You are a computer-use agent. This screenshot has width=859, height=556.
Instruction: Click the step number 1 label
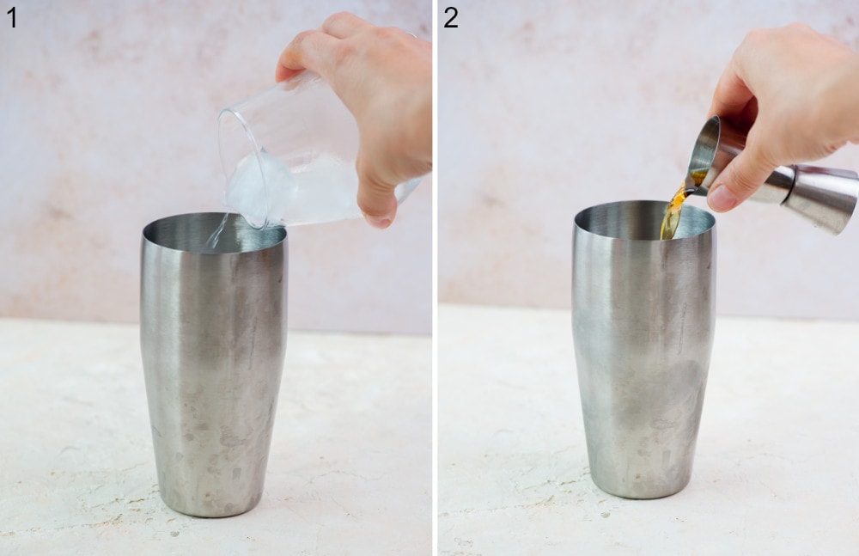pyautogui.click(x=11, y=16)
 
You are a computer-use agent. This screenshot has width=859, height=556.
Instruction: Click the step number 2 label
pyautogui.click(x=451, y=16)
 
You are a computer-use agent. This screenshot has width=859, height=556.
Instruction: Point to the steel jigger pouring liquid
pyautogui.click(x=773, y=176)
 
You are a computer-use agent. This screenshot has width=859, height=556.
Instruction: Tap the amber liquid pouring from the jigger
pyautogui.click(x=673, y=211)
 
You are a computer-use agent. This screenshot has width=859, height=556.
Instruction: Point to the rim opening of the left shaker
pyautogui.click(x=215, y=232)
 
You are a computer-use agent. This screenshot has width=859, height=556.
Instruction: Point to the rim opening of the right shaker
pyautogui.click(x=644, y=220)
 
